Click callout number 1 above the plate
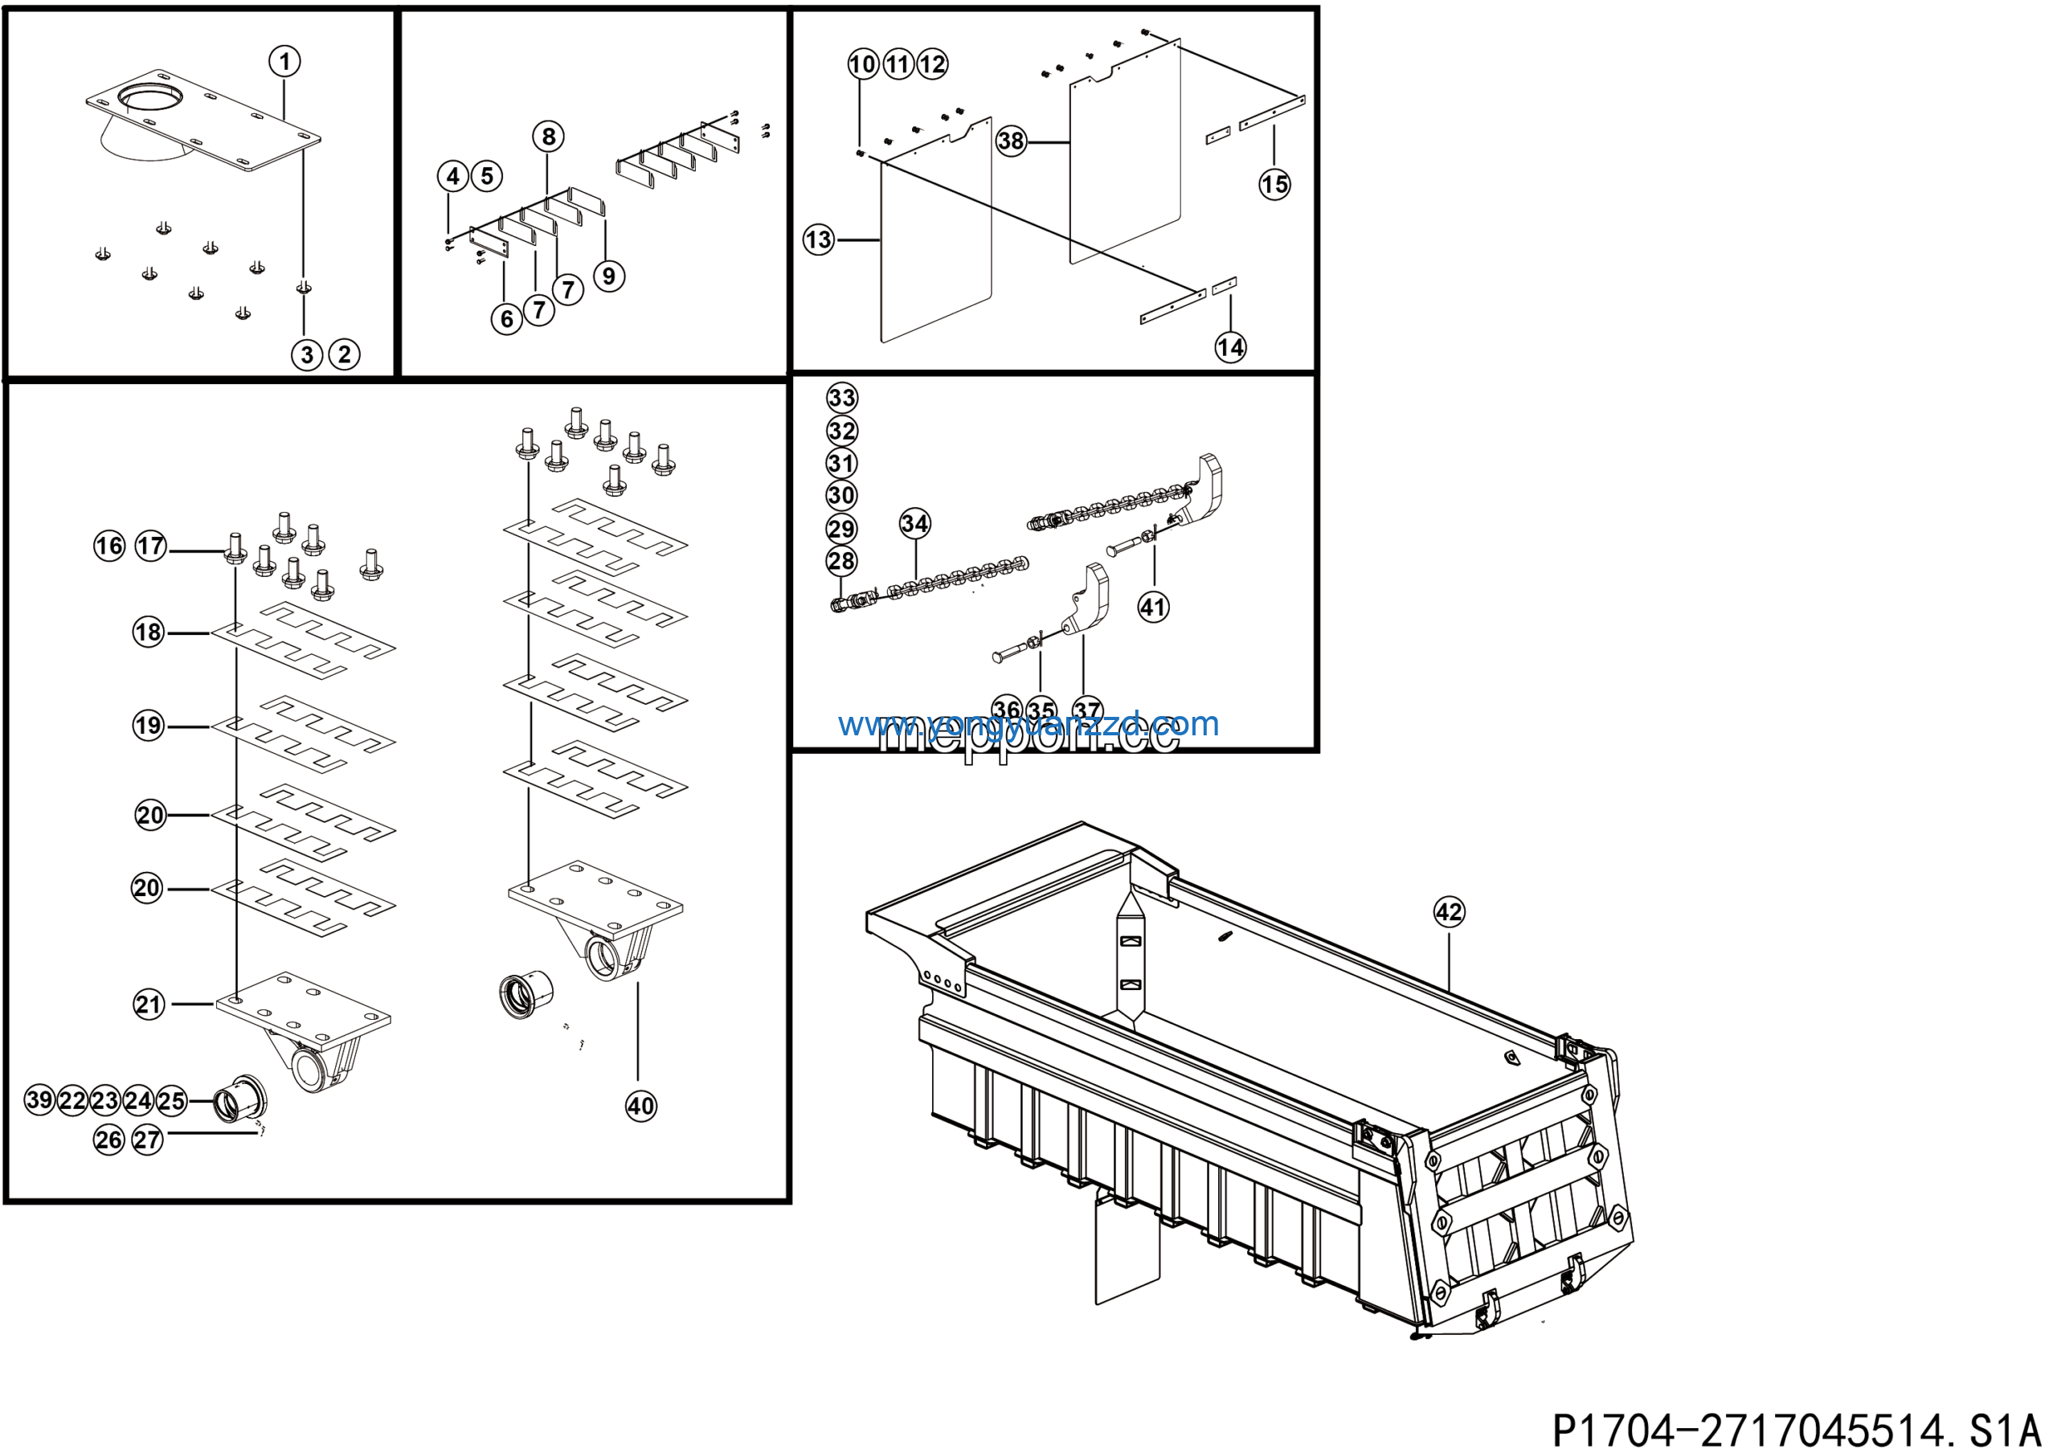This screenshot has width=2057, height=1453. pos(285,62)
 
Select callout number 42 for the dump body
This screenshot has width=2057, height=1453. pos(1449,912)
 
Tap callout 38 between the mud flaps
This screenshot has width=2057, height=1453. pos(1011,141)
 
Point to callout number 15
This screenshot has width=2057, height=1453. pos(1274,185)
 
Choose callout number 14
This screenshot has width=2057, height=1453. pos(1230,346)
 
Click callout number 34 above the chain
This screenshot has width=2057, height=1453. pos(914,523)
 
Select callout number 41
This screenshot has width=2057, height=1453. pos(1153,607)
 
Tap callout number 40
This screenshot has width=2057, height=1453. pos(640,1106)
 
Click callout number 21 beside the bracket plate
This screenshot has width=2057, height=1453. pos(149,1005)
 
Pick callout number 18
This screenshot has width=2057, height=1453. pos(149,632)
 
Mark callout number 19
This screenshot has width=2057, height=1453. pos(149,726)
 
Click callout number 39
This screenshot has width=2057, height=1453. pos(39,1099)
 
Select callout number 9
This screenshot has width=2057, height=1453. pos(609,275)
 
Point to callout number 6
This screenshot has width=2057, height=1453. pos(507,318)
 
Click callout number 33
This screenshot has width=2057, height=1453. pos(841,398)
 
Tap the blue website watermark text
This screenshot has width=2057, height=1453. pos(1028,724)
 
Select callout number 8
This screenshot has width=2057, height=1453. pos(548,137)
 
